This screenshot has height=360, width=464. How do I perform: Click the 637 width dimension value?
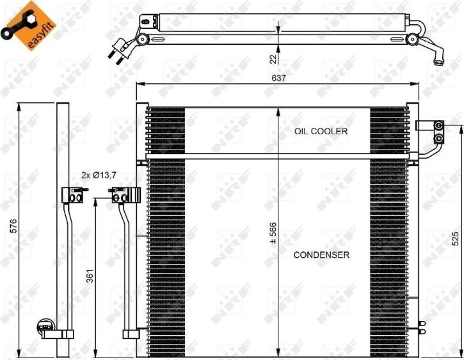coord(278,77)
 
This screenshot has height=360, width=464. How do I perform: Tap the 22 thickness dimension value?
coord(273,59)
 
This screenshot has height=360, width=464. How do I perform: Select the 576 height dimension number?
coord(10,227)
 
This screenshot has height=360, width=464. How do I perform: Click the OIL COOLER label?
coord(321,131)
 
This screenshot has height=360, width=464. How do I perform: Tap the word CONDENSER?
coord(321,254)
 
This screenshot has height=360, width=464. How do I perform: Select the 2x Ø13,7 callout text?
coord(99,174)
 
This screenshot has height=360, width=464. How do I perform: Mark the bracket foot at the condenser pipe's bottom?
coord(132,333)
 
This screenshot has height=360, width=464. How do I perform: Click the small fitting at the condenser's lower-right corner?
coord(420,327)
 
